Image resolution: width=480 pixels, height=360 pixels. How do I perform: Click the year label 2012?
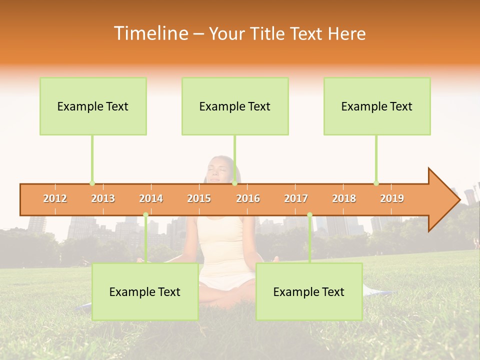click(55, 198)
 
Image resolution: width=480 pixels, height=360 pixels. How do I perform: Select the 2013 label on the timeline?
click(103, 198)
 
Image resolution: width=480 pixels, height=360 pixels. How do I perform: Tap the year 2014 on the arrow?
click(151, 198)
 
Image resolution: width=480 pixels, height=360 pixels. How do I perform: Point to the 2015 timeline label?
click(199, 198)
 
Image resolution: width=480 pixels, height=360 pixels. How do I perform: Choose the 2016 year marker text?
click(248, 198)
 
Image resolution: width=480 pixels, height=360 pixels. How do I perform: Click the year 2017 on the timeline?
click(296, 198)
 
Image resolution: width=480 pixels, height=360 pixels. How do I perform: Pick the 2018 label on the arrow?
click(344, 198)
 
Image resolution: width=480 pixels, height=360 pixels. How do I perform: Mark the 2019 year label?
click(392, 198)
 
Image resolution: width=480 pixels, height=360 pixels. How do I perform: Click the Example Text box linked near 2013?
click(93, 106)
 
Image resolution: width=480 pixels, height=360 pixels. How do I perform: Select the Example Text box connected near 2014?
click(145, 292)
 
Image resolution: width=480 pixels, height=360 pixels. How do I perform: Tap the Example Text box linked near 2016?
click(235, 106)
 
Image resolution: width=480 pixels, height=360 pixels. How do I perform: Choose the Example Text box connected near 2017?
click(309, 292)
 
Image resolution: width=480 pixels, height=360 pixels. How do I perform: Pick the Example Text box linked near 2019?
click(377, 106)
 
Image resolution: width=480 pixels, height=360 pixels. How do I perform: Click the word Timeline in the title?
click(150, 33)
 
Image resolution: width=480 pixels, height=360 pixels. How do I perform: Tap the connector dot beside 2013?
click(92, 183)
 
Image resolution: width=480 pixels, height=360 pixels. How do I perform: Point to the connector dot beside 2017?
click(309, 215)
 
